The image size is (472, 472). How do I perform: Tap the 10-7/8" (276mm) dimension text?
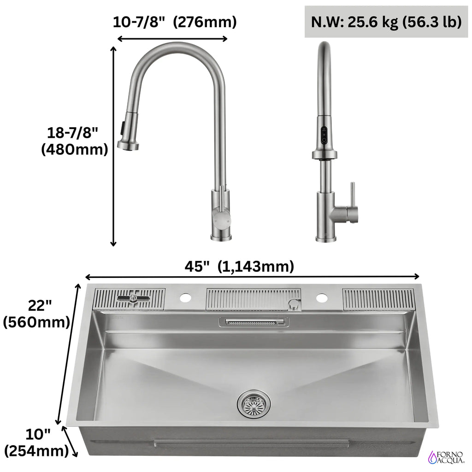point(175,22)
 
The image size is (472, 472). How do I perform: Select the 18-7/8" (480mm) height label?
point(74,141)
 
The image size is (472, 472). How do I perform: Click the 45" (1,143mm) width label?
point(239,266)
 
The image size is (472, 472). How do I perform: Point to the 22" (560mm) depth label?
point(37,314)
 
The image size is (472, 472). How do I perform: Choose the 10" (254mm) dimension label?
point(36,442)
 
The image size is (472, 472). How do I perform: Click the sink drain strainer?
point(254,404)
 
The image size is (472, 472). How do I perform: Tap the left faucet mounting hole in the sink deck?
point(185,298)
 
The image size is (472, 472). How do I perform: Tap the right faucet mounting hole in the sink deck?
point(322,298)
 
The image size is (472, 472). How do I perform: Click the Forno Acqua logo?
point(446,457)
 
